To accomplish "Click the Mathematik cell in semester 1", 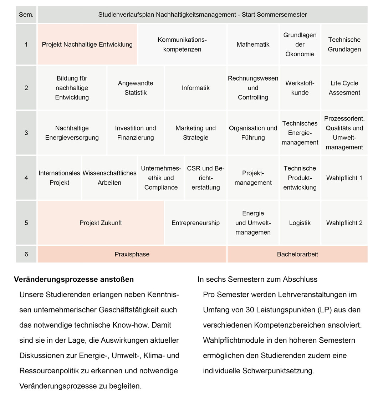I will pos(253,45).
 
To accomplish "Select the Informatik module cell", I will pos(195,88).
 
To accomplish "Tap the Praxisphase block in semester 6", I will pos(132,254).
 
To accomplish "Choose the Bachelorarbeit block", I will pos(297,254).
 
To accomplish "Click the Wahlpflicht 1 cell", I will pos(344,178).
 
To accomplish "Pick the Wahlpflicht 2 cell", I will pos(344,223).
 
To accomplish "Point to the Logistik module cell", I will pos(300,223).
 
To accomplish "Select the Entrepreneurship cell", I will pos(195,223).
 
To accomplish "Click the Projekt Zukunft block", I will pos(101,223).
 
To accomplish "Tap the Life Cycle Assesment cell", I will pos(344,88).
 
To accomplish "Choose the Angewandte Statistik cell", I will pos(136,88).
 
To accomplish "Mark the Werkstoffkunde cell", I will pos(300,88).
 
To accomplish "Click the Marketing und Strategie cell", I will pos(195,133).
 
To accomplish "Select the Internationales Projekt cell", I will pos(59,178).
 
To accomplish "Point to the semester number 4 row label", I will pos(26,178).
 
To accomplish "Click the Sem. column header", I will pos(26,15).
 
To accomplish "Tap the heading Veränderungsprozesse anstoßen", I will pos(74,280).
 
